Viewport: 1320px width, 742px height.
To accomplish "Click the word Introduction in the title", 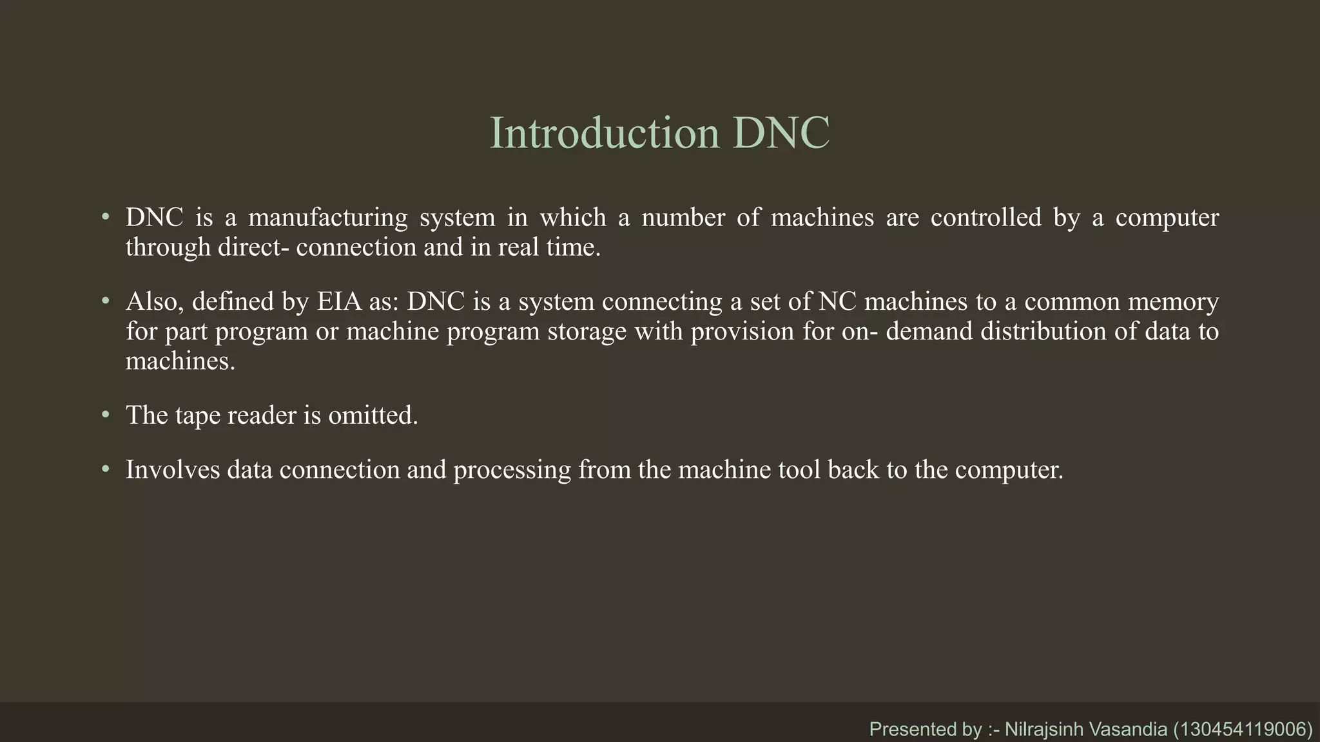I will [604, 133].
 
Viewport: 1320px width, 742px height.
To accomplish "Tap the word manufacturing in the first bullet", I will [327, 218].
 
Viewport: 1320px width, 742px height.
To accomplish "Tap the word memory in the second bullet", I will [1176, 301].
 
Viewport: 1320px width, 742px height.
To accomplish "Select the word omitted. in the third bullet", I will [373, 415].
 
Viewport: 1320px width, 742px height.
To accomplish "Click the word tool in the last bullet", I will [799, 470].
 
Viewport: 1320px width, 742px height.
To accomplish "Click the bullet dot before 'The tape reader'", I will [106, 415].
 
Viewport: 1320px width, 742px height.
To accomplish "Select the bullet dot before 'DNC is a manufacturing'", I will [106, 218].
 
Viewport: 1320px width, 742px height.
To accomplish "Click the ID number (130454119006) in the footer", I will [1243, 729].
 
